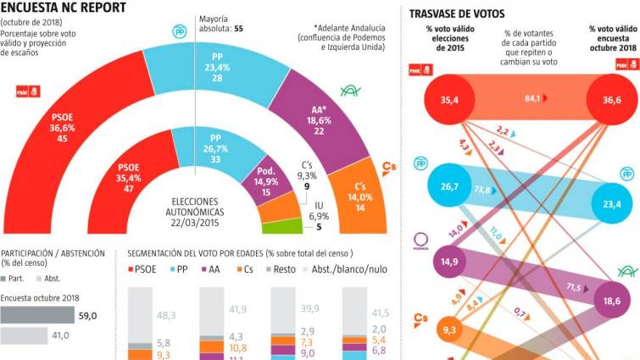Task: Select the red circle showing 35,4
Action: pyautogui.click(x=449, y=100)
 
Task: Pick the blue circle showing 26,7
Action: pyautogui.click(x=448, y=186)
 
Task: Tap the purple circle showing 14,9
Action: pyautogui.click(x=448, y=262)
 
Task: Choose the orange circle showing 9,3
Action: pyautogui.click(x=448, y=328)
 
